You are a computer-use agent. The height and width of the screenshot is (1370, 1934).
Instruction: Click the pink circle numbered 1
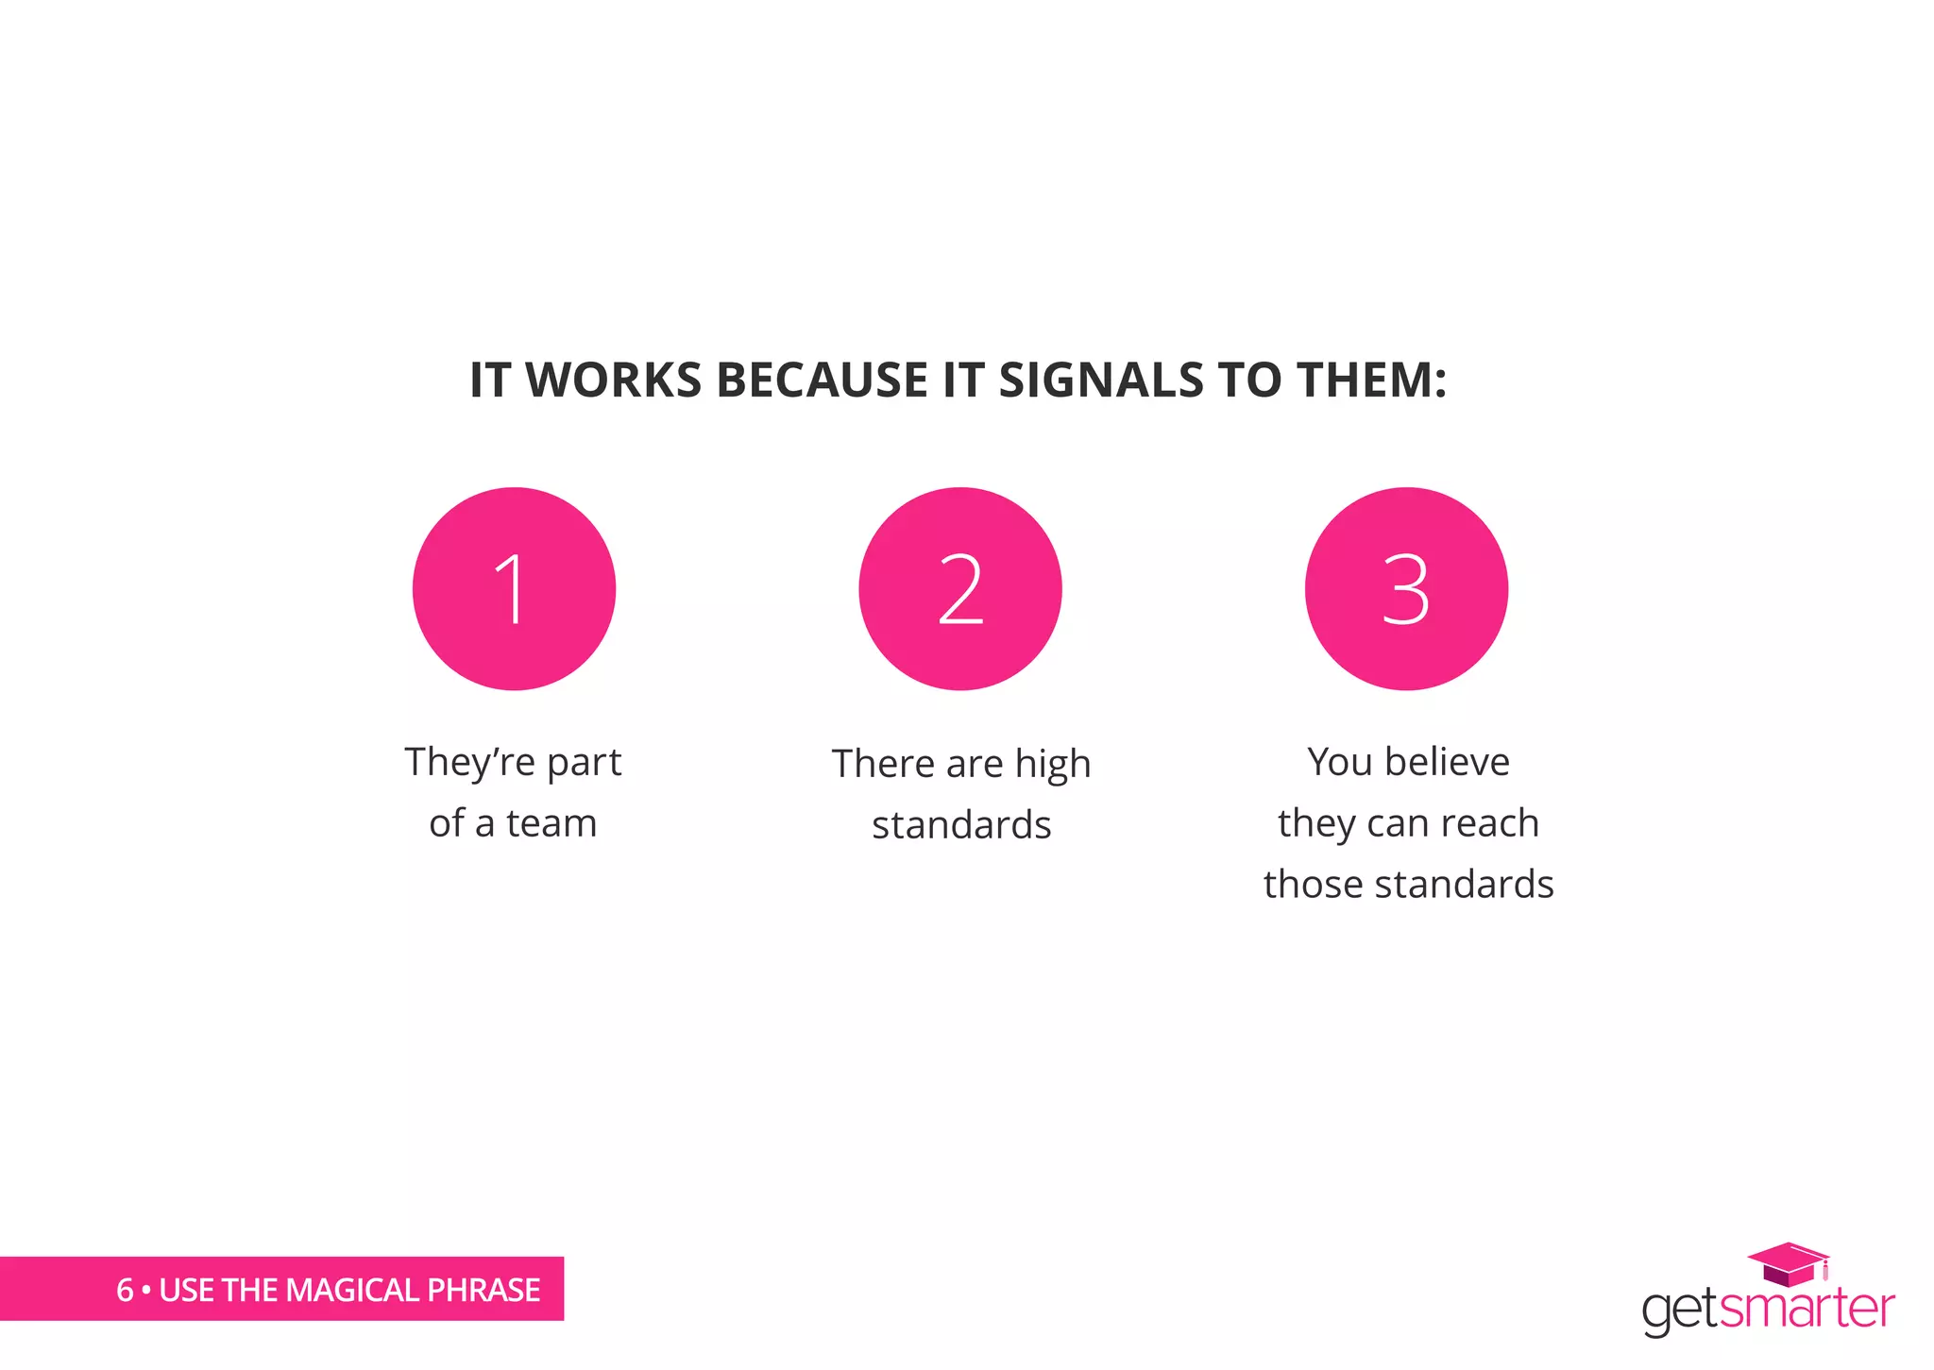tap(514, 589)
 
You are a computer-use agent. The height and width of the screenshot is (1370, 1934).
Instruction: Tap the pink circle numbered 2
tap(960, 589)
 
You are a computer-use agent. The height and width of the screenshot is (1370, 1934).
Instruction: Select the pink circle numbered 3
tap(1406, 589)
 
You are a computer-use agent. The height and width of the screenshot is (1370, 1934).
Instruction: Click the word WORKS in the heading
tap(614, 381)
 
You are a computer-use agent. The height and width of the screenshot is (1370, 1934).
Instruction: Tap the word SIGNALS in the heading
tap(1101, 381)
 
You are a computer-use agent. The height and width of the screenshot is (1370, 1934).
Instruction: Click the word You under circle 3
tap(1339, 762)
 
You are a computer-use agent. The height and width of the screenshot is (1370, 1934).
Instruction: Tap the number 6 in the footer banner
tap(125, 1290)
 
